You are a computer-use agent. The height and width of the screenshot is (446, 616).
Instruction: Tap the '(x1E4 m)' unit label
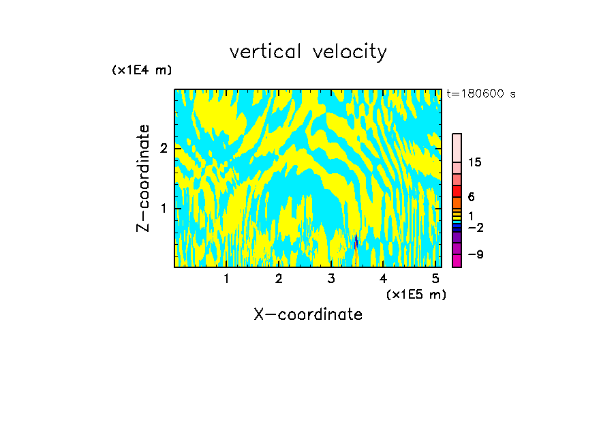click(142, 70)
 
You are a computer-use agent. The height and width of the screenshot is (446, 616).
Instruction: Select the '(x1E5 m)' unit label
click(416, 294)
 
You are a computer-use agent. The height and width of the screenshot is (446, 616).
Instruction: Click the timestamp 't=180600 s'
click(480, 93)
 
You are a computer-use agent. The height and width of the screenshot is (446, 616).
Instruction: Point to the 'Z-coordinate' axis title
click(143, 178)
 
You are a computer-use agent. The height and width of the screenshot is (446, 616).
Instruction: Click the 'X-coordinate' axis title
click(308, 314)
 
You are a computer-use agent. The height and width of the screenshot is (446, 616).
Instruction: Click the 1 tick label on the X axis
click(226, 279)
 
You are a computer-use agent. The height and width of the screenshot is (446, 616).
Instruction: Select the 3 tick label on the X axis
click(331, 279)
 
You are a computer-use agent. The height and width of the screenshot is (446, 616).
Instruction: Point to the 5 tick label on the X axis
click(435, 279)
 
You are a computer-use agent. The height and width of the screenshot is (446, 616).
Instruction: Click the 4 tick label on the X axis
click(383, 279)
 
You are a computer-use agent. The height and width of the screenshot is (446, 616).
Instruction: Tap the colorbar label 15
click(475, 162)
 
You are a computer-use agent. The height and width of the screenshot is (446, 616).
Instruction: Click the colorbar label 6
click(472, 196)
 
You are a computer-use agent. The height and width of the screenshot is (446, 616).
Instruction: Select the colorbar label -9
click(476, 254)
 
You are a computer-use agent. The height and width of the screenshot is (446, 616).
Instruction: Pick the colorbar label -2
click(476, 227)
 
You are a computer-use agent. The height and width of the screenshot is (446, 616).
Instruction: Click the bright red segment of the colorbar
click(457, 191)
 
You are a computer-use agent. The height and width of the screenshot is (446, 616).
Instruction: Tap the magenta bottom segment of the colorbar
click(457, 261)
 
